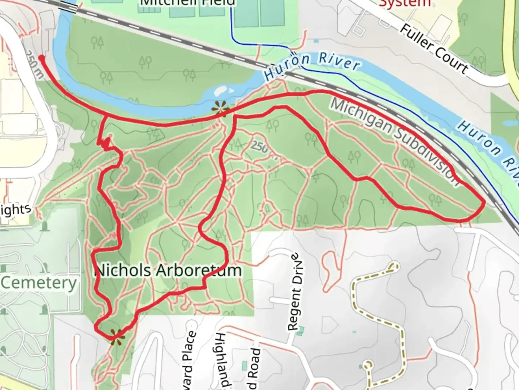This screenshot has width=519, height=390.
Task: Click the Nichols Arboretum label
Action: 168,270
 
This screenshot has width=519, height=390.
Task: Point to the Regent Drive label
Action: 295,292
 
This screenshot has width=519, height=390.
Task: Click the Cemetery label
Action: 39,283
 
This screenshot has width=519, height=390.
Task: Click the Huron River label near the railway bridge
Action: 311,65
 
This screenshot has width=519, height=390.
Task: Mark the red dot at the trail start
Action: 41,58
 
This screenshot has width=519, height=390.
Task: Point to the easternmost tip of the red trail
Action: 483,204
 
